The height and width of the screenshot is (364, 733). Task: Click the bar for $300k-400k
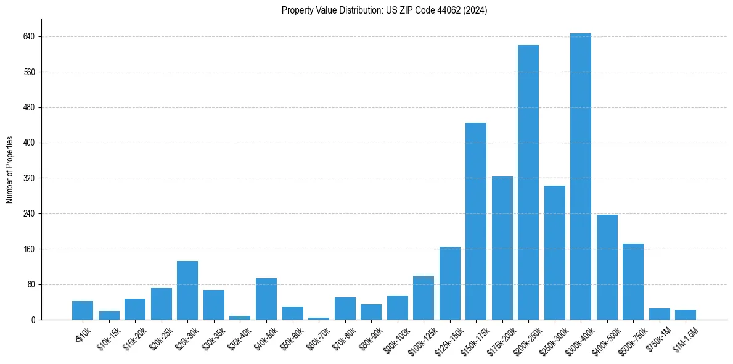pos(581,176)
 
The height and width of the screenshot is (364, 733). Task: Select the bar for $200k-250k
pos(528,183)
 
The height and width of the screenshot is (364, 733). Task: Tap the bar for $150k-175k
pos(476,221)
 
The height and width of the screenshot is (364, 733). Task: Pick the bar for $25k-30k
pos(187,291)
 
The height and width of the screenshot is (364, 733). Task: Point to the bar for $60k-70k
pos(319,318)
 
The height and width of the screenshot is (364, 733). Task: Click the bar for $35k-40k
pos(240,318)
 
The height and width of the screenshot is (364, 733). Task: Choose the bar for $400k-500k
pos(607,267)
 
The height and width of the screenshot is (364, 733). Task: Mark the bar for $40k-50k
pos(266,299)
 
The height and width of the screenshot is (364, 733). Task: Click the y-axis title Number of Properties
pos(10,170)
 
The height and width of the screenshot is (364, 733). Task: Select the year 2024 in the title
pos(475,10)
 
